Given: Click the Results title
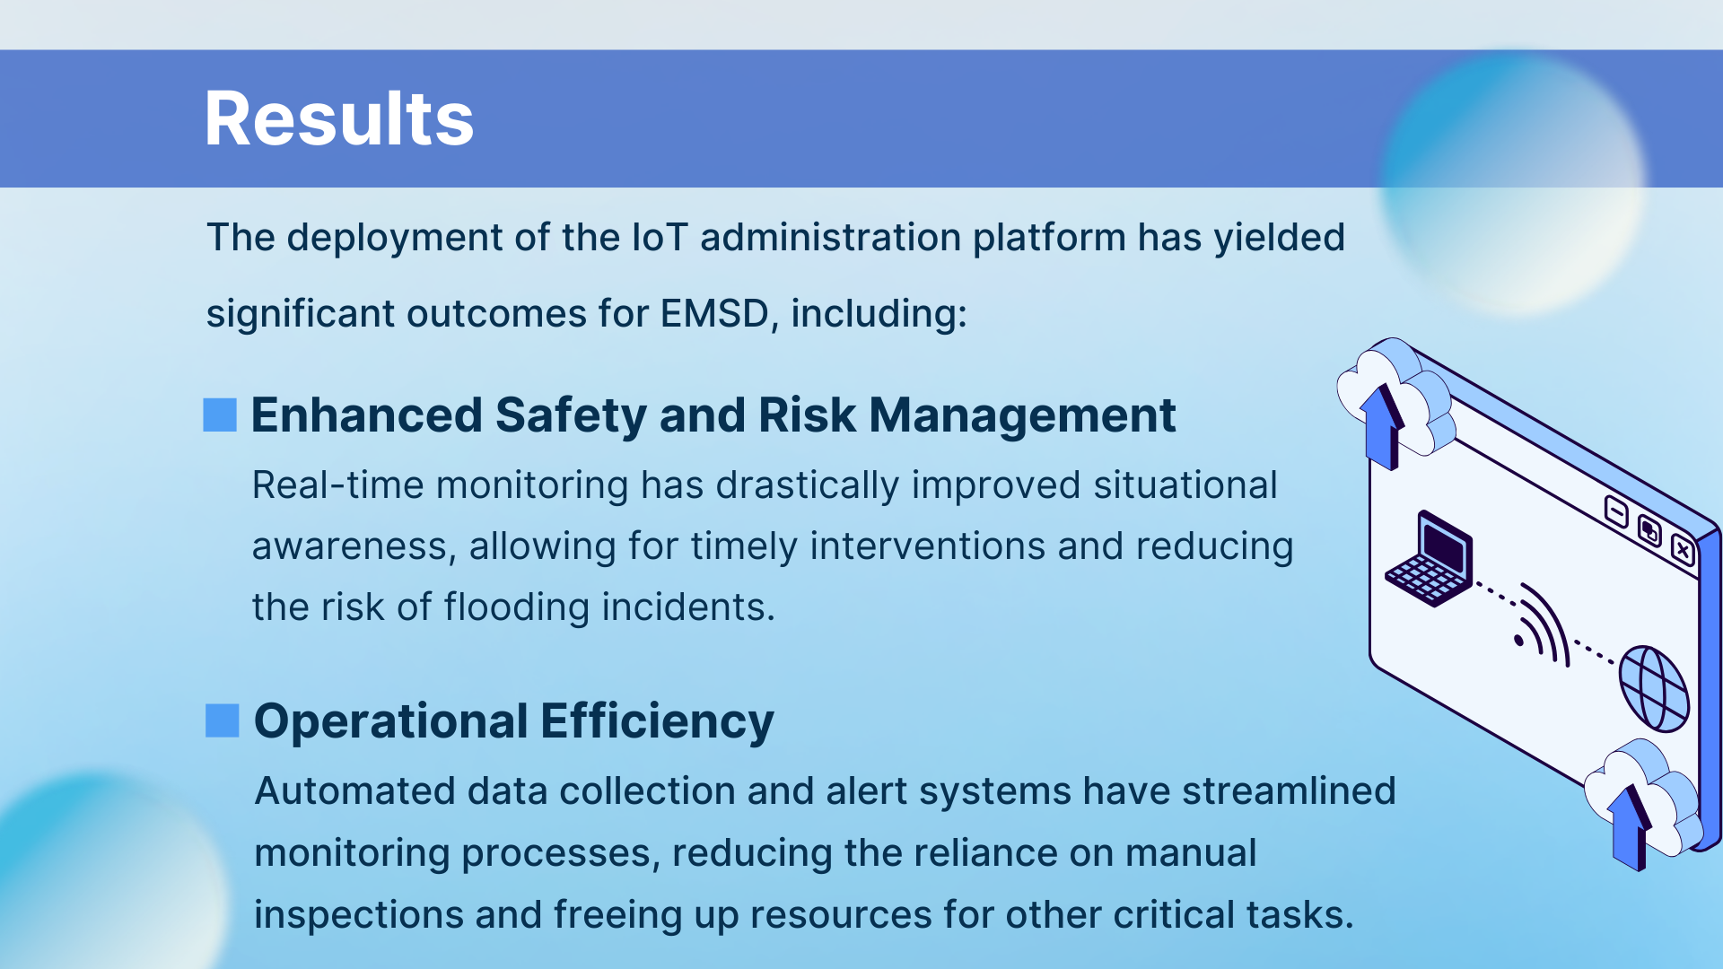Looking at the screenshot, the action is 339,118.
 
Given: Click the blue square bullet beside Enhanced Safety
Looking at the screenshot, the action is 220,415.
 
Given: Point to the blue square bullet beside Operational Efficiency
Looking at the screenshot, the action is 223,720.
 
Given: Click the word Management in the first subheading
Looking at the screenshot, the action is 1022,416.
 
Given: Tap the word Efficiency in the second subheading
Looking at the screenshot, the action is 657,722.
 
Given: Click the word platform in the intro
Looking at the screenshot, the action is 1049,239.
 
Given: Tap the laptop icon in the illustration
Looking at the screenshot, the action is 1430,559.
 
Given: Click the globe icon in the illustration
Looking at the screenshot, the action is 1654,688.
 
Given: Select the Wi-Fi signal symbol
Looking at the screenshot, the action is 1543,625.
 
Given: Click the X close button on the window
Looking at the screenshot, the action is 1683,549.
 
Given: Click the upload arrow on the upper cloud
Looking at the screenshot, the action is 1383,427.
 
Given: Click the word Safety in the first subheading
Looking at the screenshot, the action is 571,416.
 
